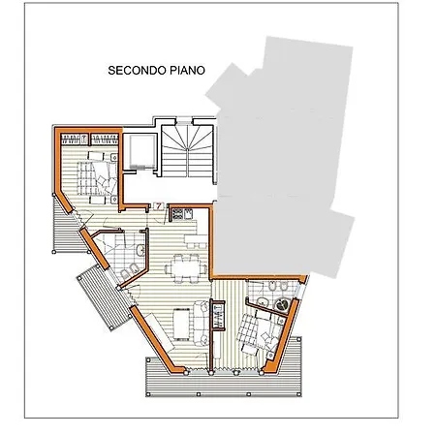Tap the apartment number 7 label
[159, 206]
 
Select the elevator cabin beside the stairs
[142, 151]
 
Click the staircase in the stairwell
[187, 151]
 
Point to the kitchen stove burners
[177, 214]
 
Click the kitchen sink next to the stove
[188, 213]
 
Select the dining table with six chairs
[186, 268]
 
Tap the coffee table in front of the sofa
[181, 324]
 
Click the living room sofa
[202, 323]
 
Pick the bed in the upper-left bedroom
[97, 177]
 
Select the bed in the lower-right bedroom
[260, 332]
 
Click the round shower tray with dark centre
[283, 305]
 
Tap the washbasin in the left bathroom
[140, 250]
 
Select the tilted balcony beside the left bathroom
[104, 297]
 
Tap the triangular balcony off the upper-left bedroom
[69, 228]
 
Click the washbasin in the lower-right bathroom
[263, 301]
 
